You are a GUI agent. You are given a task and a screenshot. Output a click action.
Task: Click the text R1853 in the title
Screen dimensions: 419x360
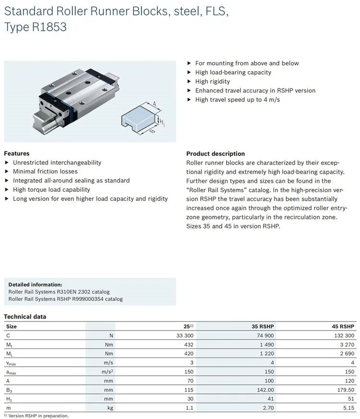click(x=50, y=28)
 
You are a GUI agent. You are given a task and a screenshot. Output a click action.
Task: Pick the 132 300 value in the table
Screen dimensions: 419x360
click(x=345, y=335)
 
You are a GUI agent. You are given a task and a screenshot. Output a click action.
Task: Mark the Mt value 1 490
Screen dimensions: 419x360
click(x=266, y=344)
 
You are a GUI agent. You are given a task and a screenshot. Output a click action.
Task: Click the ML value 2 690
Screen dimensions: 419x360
click(x=348, y=353)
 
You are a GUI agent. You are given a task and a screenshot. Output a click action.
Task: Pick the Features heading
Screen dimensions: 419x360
click(x=17, y=154)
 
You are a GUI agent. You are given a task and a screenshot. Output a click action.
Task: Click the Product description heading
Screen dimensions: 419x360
click(x=216, y=154)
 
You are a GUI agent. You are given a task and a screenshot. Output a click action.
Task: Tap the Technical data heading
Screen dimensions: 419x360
click(x=25, y=317)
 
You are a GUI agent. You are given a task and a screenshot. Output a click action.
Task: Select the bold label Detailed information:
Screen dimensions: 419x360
click(x=35, y=284)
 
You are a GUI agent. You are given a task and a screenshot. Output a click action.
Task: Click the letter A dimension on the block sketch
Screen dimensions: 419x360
click(x=155, y=102)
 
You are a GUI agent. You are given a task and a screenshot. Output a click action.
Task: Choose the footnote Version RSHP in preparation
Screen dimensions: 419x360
click(x=38, y=416)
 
